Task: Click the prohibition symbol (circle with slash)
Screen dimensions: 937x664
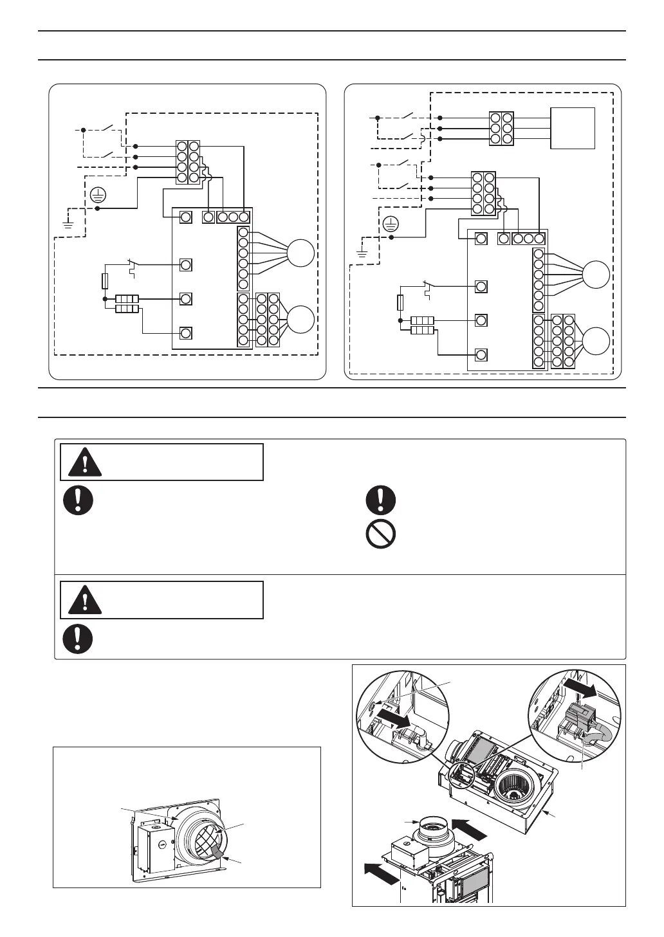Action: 380,534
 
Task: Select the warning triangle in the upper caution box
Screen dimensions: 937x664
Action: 84,461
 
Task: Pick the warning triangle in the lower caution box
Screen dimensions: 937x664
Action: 84,599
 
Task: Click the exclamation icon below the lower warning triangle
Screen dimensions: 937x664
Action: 78,639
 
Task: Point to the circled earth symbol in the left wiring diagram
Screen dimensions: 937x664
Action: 97,192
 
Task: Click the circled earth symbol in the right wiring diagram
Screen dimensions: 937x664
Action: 391,224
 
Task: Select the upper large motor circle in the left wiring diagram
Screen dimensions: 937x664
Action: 300,253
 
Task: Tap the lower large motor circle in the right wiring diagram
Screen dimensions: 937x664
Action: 596,341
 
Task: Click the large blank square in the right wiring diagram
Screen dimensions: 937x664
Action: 573,129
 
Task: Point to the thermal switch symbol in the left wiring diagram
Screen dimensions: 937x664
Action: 133,266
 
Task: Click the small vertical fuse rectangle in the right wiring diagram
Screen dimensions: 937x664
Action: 400,302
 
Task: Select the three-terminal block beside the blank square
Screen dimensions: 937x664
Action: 501,129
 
